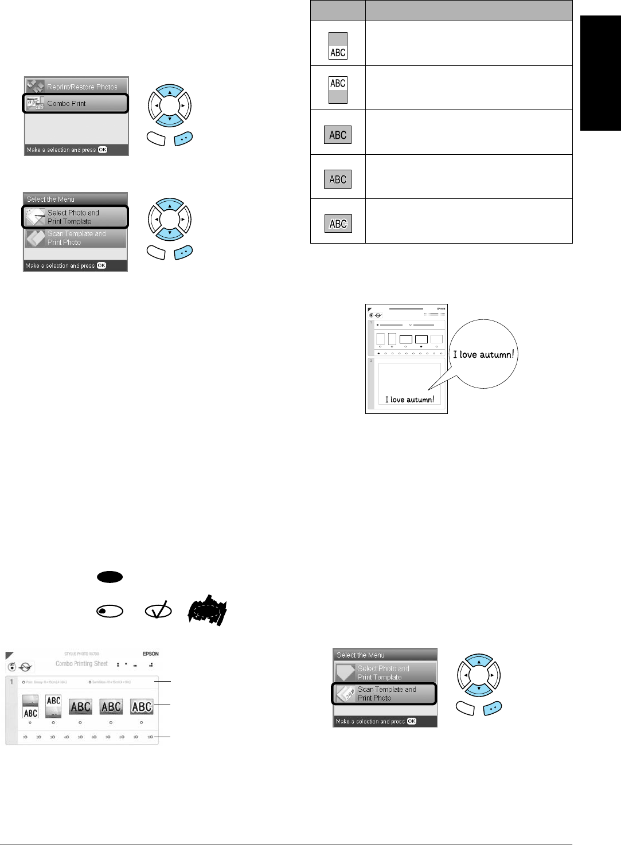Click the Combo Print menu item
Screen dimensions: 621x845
tap(75, 104)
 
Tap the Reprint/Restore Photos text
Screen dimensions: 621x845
tap(82, 87)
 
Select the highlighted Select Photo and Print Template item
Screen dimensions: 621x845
tap(75, 217)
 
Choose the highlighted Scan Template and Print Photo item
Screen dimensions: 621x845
tap(384, 694)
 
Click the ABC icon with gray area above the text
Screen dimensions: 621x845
tap(338, 45)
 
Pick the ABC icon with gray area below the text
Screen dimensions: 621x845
tap(338, 90)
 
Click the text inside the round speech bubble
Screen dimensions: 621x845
tap(483, 354)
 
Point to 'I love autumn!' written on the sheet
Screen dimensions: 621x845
tap(409, 400)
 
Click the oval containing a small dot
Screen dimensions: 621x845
tap(110, 611)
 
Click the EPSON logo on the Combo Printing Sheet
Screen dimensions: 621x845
tap(150, 654)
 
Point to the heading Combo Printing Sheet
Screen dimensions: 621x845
tap(81, 664)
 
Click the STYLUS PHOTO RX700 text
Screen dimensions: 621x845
tap(81, 654)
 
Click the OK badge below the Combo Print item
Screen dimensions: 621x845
tap(102, 150)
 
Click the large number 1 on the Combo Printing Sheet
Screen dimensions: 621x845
tap(11, 682)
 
